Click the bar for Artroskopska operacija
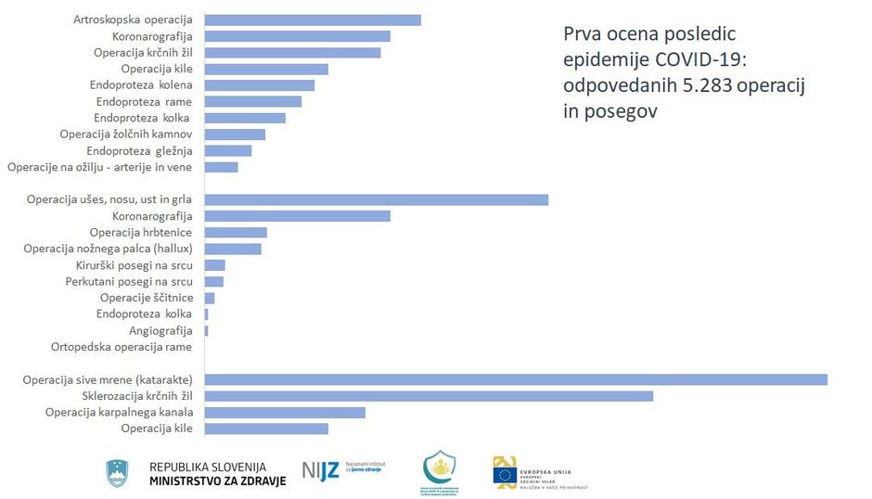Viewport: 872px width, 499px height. (312, 20)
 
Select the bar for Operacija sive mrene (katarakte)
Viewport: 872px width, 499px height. (515, 379)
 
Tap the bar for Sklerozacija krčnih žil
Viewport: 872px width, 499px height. (428, 396)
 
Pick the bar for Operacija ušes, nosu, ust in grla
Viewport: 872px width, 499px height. (376, 199)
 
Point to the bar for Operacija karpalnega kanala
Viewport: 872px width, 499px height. (284, 412)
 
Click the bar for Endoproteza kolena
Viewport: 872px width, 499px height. (259, 85)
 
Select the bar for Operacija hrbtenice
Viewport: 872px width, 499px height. (235, 232)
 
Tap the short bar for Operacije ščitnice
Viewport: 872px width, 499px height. (209, 298)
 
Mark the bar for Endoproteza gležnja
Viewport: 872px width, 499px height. (227, 150)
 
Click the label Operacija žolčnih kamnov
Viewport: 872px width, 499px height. (126, 134)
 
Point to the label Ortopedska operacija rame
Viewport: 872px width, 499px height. (122, 347)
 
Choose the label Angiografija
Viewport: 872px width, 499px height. (160, 330)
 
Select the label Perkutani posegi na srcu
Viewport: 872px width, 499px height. (129, 281)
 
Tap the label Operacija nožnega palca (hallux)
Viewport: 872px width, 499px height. (109, 249)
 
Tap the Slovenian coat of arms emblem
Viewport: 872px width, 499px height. (118, 473)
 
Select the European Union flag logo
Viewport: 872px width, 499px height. (506, 475)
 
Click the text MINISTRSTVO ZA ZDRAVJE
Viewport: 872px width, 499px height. (217, 480)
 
